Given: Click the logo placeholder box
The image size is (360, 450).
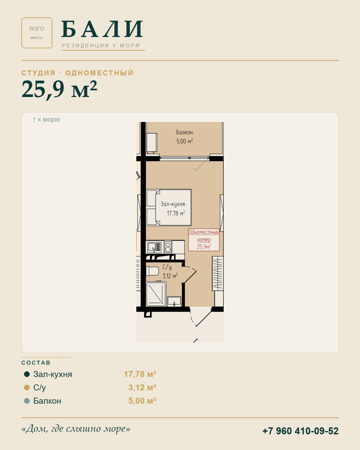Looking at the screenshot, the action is click(x=37, y=33).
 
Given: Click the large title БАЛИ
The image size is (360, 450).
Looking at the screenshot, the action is click(x=102, y=29).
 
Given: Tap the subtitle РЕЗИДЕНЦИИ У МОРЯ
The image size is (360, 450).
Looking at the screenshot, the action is click(x=101, y=46).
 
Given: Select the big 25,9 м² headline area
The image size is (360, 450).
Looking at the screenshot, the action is click(x=59, y=89).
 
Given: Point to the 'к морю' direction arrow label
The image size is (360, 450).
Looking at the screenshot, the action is click(x=46, y=120).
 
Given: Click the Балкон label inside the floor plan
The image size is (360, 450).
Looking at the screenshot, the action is click(x=184, y=137).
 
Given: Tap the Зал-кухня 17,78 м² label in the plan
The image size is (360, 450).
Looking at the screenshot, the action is click(x=173, y=209).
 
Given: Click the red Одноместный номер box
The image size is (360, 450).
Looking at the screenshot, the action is click(x=204, y=240).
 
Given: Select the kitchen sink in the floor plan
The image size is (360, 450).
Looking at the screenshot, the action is click(x=154, y=247).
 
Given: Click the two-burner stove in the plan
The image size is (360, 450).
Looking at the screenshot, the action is click(x=168, y=247).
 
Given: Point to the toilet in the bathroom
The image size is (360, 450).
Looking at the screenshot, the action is click(x=152, y=271).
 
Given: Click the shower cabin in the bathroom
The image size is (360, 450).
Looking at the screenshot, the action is click(x=156, y=294).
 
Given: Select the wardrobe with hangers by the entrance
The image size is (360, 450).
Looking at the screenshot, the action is click(x=218, y=274).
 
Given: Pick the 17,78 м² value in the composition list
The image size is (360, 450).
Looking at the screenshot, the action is click(x=140, y=374).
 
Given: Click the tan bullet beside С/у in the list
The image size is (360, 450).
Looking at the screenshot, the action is click(x=27, y=387).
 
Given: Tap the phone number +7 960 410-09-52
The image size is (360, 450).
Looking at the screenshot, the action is click(x=300, y=431).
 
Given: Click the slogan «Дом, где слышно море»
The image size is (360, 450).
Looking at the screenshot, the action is click(x=76, y=428).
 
